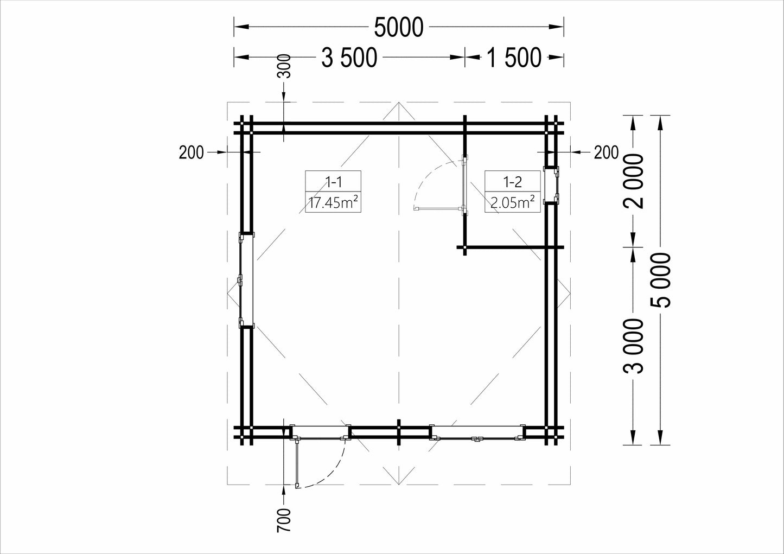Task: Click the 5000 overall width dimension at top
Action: [399, 27]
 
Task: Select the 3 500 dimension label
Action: [349, 58]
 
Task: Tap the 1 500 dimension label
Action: [514, 58]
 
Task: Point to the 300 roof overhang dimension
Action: [286, 66]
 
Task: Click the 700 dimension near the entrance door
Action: [284, 520]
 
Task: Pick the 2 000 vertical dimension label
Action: [634, 181]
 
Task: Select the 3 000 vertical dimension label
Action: [634, 346]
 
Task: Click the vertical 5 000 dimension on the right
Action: [661, 280]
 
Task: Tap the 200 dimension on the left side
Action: [191, 152]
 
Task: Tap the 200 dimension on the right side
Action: [606, 152]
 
